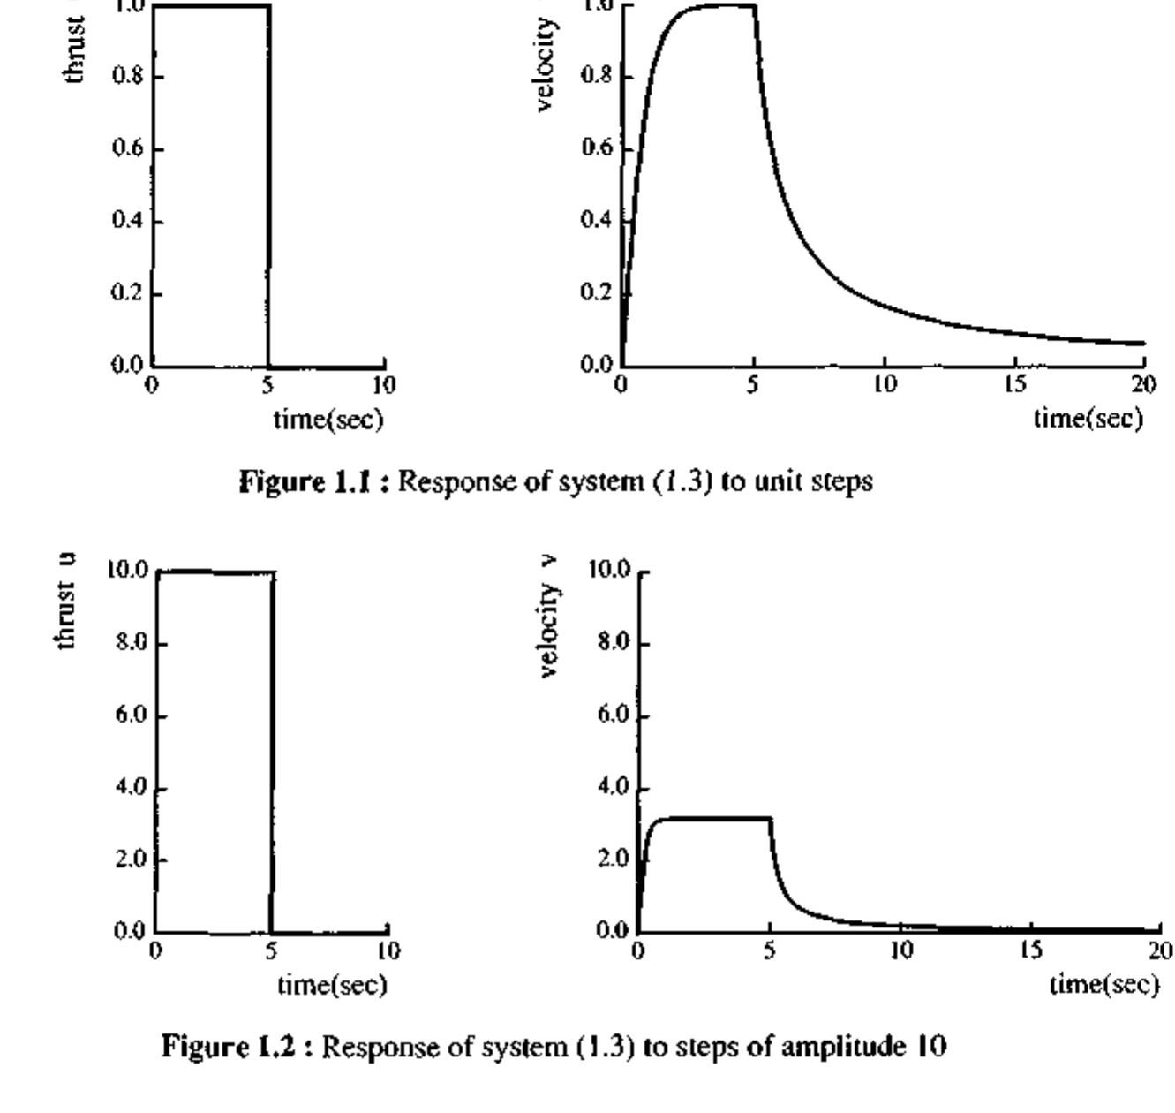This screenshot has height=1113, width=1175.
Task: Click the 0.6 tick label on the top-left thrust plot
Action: (126, 148)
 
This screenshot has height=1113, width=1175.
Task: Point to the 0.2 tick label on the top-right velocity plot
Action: (596, 293)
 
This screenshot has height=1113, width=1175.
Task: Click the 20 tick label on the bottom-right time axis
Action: (1160, 950)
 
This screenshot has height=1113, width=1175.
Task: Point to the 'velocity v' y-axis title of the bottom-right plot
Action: (550, 617)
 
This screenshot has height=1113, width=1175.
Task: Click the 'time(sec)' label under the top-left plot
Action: (328, 419)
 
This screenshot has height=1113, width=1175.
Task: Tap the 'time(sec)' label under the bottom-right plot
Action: (1103, 983)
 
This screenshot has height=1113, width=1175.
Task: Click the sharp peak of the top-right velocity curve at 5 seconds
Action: (755, 6)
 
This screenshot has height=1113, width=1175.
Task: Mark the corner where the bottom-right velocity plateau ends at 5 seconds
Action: (771, 819)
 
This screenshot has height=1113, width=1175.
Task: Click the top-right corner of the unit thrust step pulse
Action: (268, 6)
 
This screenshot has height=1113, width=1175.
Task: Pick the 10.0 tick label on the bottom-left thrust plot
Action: (128, 571)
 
